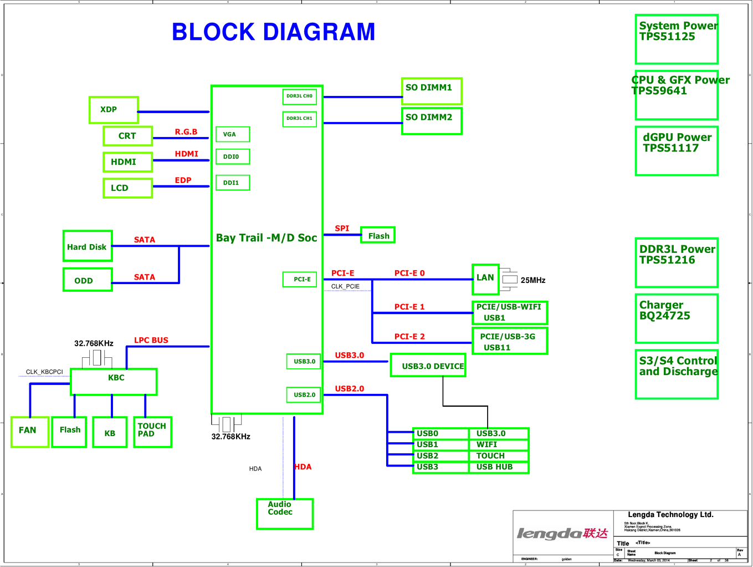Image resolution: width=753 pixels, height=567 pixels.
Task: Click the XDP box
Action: [x=114, y=110]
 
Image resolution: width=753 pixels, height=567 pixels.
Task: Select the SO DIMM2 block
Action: [x=432, y=120]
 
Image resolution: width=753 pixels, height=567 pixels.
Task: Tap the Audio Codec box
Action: [x=285, y=514]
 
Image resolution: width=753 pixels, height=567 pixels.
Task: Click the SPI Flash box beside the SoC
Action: [x=378, y=235]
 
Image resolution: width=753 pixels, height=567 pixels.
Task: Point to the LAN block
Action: [x=485, y=279]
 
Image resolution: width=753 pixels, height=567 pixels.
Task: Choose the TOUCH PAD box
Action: [x=152, y=432]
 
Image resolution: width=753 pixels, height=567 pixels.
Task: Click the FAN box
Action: [x=29, y=432]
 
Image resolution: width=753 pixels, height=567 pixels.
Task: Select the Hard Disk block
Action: [x=88, y=246]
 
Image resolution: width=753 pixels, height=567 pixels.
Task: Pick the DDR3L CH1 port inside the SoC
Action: [x=299, y=119]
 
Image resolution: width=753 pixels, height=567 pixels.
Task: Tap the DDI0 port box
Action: [x=232, y=156]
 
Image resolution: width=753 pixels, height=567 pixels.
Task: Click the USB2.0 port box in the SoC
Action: [x=304, y=394]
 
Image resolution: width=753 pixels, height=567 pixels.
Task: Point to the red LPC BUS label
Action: [x=151, y=340]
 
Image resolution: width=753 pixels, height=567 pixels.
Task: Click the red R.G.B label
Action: [x=186, y=132]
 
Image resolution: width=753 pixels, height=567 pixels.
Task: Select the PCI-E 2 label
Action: [x=409, y=337]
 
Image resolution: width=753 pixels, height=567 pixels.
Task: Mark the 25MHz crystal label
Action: [x=533, y=280]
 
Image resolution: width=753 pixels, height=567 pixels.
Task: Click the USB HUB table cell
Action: [x=499, y=467]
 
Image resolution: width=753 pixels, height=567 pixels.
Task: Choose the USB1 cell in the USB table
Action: [x=441, y=445]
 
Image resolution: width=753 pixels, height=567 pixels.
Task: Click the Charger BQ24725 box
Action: [x=677, y=318]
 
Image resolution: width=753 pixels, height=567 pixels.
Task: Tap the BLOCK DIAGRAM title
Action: [x=273, y=32]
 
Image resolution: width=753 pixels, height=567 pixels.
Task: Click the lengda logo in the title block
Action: [x=562, y=533]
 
